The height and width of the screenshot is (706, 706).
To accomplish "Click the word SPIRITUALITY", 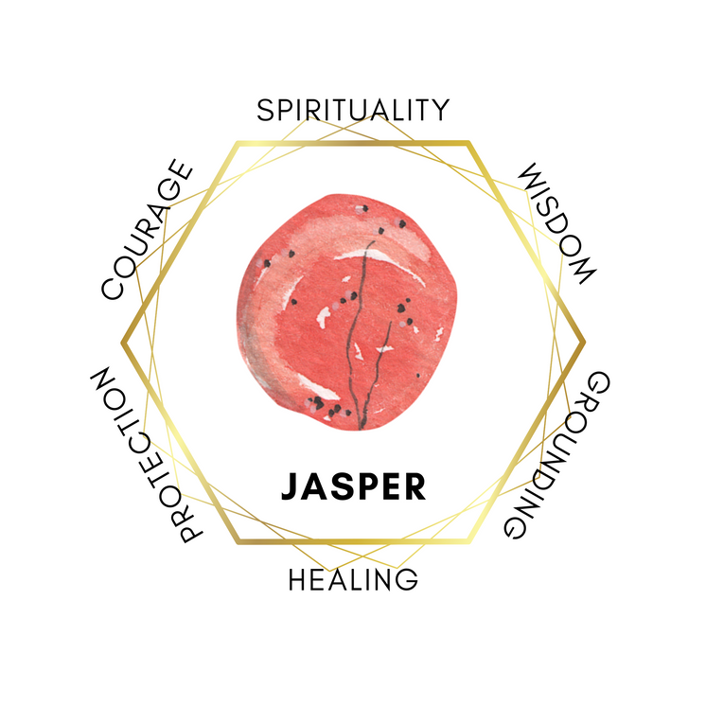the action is click(353, 110).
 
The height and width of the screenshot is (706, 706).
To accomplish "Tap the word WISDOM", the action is click(557, 223).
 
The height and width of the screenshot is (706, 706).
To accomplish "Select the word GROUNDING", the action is click(556, 455).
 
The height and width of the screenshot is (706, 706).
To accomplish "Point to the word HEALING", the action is click(353, 579).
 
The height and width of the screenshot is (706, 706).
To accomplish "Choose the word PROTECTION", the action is click(147, 455).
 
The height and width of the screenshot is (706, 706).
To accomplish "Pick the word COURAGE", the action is click(147, 230).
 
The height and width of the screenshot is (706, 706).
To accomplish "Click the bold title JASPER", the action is click(353, 486).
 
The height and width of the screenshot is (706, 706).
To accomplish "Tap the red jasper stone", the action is click(346, 312).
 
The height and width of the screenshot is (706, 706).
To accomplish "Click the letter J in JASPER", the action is click(291, 486).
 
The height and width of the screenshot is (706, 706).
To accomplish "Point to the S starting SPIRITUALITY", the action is click(265, 110).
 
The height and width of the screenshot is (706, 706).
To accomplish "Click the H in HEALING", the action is click(298, 579).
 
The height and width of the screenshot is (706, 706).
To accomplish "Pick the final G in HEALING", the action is click(407, 579).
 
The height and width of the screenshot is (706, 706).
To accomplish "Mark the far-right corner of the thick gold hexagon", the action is click(585, 343).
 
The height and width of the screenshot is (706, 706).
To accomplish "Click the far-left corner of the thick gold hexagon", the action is click(122, 343).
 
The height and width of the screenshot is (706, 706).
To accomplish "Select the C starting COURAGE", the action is click(112, 289).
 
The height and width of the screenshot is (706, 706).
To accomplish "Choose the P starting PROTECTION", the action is click(191, 530).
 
